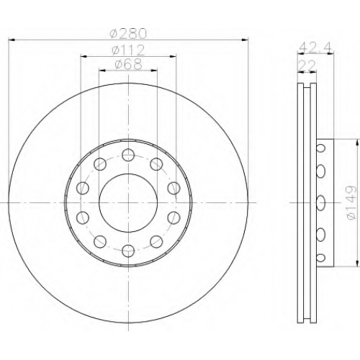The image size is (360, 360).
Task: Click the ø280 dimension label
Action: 128,33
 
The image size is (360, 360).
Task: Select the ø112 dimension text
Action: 128,50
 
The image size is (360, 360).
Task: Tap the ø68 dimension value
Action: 129,64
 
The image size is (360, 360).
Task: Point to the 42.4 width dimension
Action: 315,48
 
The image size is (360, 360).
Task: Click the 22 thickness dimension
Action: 307,66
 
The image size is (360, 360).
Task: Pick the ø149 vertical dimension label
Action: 351,202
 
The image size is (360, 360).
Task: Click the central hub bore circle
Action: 128,203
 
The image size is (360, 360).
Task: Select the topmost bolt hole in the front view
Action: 128,155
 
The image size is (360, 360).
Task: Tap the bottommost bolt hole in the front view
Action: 128,251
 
